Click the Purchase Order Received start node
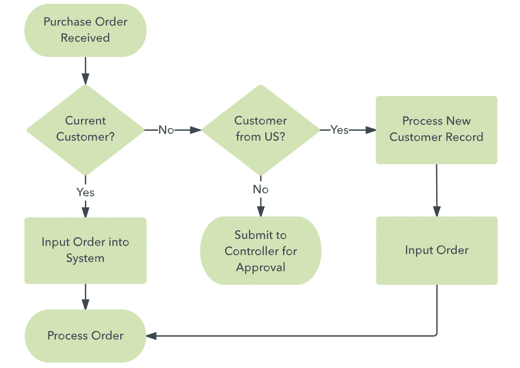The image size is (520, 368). tap(85, 30)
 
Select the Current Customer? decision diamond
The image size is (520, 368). tap(85, 130)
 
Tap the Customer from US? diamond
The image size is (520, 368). tap(261, 130)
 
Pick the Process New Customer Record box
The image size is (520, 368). tap(437, 130)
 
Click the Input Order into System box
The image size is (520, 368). tap(85, 250)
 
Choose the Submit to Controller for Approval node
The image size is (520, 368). tap(261, 250)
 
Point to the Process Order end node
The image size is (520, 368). tap(85, 336)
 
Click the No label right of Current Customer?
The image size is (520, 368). tap(166, 130)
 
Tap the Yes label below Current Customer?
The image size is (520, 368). tap(85, 192)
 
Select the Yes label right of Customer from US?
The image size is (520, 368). tap(339, 130)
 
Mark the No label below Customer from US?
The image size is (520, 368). tap(261, 189)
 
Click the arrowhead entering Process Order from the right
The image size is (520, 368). tap(151, 336)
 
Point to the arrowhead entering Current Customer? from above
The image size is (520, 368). tap(85, 79)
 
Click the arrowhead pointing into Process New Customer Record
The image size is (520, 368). tap(371, 130)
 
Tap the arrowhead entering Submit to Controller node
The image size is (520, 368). tap(261, 211)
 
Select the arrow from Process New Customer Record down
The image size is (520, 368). tap(437, 190)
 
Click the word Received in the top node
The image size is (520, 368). tap(85, 38)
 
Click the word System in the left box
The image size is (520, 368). tap(85, 258)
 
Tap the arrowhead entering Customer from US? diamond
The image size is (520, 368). tap(196, 130)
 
